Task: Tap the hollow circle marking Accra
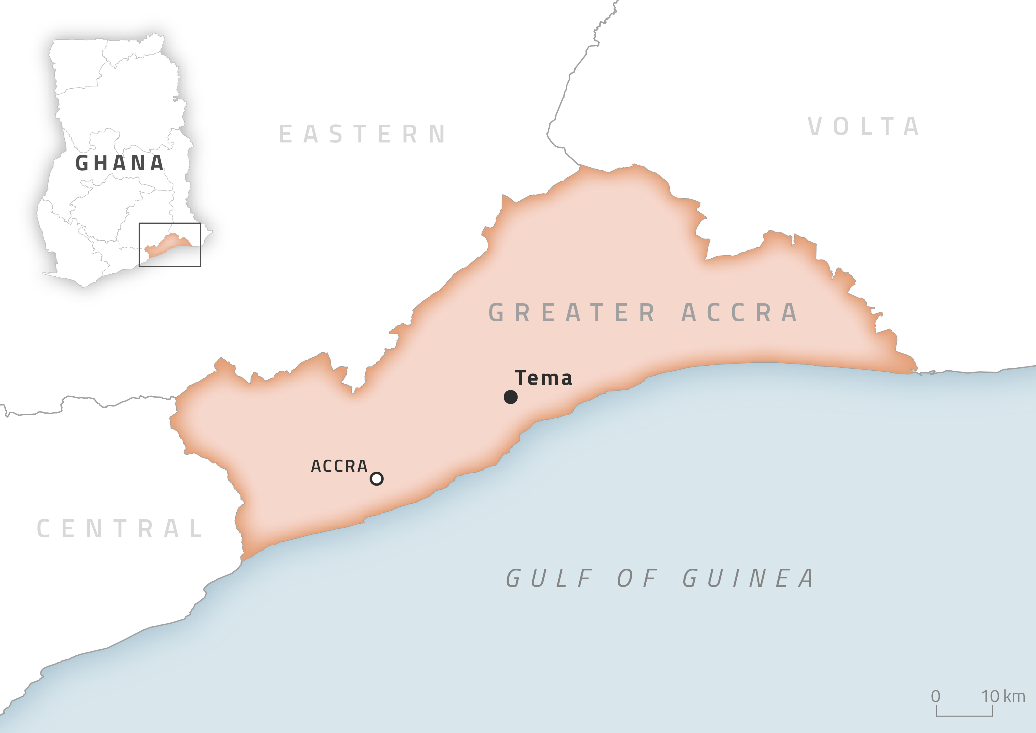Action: point(377,479)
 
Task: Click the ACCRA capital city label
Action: point(339,466)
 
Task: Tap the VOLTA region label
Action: point(863,127)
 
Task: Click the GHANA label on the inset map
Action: point(120,163)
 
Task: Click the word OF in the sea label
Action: point(637,578)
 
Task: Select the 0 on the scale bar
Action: point(936,696)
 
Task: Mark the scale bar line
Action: point(964,715)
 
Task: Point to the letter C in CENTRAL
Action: point(43,528)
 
